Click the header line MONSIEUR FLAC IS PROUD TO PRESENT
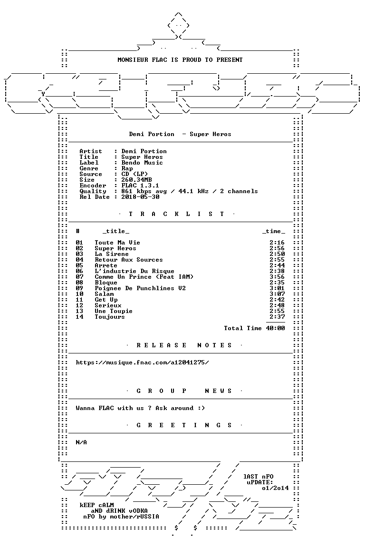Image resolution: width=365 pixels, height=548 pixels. (x=180, y=60)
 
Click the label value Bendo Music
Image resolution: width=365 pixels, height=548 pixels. (x=142, y=163)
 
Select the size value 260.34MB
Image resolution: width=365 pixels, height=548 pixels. (x=136, y=180)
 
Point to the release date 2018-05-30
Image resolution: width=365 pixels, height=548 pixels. (x=140, y=197)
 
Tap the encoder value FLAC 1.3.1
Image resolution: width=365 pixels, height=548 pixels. (x=140, y=186)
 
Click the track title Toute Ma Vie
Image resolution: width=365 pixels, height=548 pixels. (x=117, y=243)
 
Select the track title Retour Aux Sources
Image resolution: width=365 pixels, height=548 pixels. (x=128, y=260)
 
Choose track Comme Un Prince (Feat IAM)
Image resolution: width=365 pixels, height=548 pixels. (x=144, y=277)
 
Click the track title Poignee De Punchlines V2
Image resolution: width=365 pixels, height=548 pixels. (x=140, y=288)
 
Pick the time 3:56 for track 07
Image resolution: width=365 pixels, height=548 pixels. (x=277, y=277)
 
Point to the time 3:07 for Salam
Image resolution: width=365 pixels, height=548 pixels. (x=277, y=294)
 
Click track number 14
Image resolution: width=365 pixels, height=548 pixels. (x=79, y=317)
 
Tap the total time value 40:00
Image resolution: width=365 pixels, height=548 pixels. (x=275, y=328)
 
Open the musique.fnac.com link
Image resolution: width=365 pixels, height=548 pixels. (x=142, y=362)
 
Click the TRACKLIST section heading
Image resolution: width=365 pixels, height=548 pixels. (x=176, y=214)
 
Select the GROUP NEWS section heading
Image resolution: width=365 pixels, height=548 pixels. (x=184, y=391)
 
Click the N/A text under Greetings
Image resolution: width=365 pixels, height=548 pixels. (x=81, y=442)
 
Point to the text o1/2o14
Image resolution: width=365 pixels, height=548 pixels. (x=275, y=488)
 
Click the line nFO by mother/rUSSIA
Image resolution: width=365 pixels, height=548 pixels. (x=121, y=517)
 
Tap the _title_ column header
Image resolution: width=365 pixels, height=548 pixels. (x=115, y=231)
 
